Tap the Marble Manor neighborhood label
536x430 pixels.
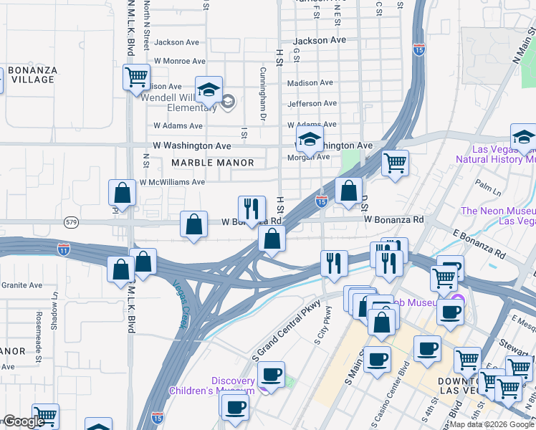[214, 163]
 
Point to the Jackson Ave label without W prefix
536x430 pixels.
[319, 41]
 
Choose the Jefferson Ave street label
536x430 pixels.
[312, 104]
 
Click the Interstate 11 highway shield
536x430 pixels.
[64, 249]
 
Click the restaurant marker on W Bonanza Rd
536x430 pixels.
[252, 209]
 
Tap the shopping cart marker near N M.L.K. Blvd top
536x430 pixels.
[136, 77]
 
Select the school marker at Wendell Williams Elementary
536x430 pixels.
[209, 90]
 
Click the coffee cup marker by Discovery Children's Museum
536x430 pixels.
[271, 374]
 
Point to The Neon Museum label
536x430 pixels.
[498, 216]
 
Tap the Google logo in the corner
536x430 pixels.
[24, 421]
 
